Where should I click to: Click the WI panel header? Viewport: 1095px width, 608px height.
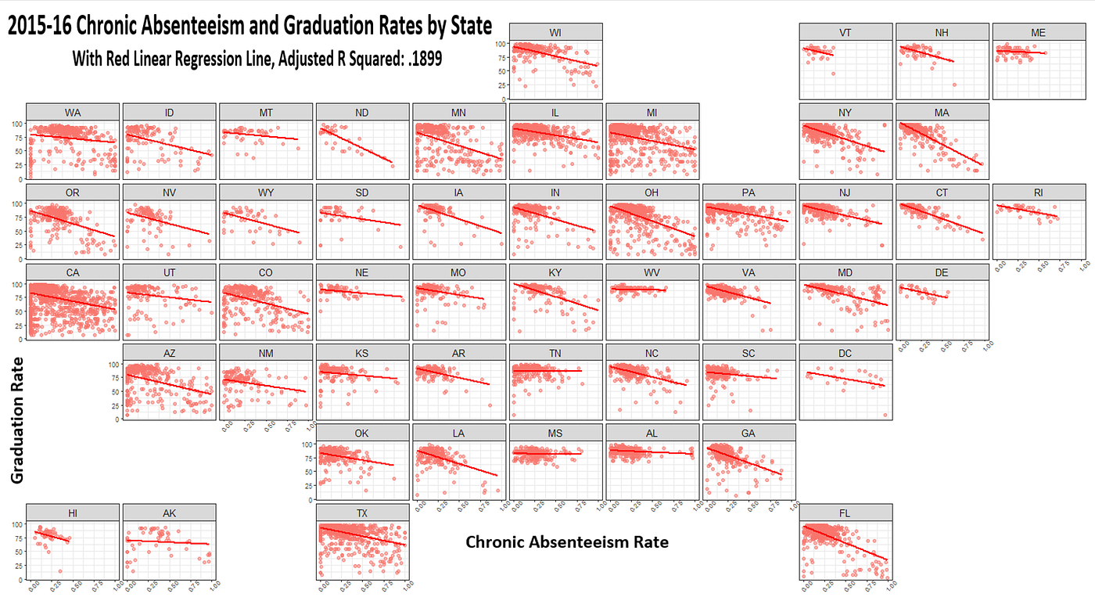pos(555,31)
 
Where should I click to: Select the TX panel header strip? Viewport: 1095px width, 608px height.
pos(362,512)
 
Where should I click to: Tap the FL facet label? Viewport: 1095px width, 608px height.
pos(845,512)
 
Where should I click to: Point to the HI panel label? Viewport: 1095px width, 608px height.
pos(73,512)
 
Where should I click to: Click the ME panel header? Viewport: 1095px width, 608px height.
pos(1039,31)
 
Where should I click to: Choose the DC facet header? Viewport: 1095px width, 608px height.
pos(845,353)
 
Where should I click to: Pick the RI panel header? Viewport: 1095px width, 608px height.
pos(1039,192)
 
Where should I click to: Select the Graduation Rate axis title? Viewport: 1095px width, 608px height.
pos(16,419)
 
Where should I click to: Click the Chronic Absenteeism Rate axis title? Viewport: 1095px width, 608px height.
pos(567,541)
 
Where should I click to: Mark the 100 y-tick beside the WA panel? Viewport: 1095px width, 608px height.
pos(16,124)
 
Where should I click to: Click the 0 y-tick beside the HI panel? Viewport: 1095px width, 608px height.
pos(20,580)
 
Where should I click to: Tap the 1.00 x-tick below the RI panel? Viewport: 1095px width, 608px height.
pos(1081,267)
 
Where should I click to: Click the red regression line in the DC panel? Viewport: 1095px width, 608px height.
pos(845,379)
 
